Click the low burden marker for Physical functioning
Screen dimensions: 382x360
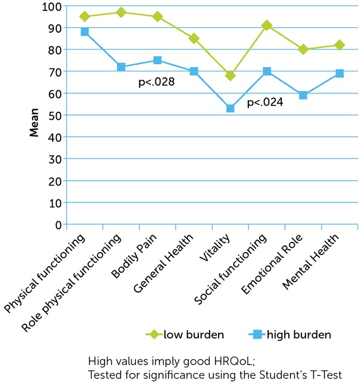coord(85,17)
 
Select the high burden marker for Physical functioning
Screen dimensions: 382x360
coord(85,32)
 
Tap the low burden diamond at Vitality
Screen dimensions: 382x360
coord(230,76)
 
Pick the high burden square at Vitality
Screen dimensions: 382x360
coord(230,108)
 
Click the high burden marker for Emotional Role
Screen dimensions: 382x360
coord(303,95)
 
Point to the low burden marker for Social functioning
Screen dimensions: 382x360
coord(266,25)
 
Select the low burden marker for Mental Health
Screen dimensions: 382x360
coord(339,45)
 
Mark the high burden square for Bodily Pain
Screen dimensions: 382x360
coord(157,60)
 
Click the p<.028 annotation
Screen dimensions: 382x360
coord(156,81)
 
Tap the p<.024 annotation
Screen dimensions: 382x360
coord(265,103)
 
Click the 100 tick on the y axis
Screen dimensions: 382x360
coord(53,7)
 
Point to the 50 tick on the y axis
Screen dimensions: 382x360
coord(56,115)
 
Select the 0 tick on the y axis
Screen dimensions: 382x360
coord(59,225)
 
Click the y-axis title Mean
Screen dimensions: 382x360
coord(35,123)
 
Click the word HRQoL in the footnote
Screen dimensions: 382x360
coord(233,361)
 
